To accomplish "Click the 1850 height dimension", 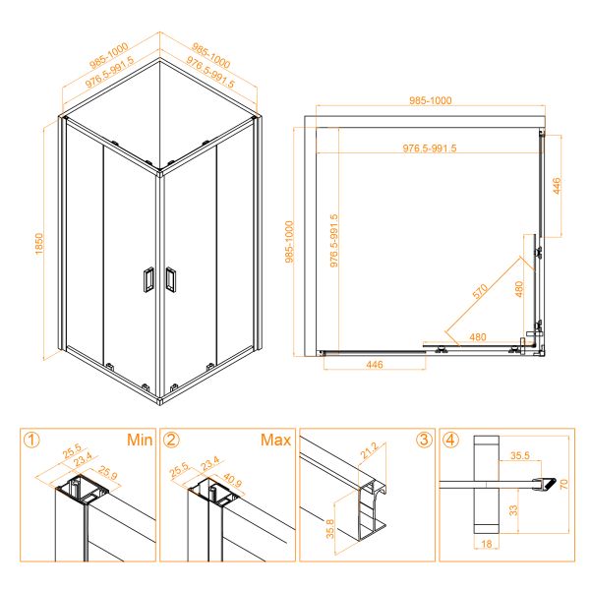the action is [x=39, y=244].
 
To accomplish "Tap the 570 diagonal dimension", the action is [x=480, y=291].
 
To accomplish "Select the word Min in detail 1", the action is [x=140, y=440].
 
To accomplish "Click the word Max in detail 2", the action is [x=275, y=440].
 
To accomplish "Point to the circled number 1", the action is [x=31, y=440].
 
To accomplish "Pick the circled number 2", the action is [x=171, y=440].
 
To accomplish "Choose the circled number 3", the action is [x=424, y=440].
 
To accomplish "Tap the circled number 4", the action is [x=451, y=440].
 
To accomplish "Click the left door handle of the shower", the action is [x=148, y=279].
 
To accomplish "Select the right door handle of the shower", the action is [x=171, y=279].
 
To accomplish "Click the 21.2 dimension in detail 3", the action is [x=369, y=450].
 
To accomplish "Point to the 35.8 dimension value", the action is [x=330, y=529].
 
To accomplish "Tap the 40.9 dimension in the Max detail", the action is [x=232, y=480].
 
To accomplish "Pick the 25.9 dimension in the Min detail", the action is [x=107, y=473].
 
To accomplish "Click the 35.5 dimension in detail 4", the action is [x=519, y=455].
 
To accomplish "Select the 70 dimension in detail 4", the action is [x=563, y=484].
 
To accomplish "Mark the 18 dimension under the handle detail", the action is [x=487, y=544].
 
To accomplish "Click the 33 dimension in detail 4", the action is [x=513, y=510].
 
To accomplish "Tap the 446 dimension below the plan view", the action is [x=375, y=364].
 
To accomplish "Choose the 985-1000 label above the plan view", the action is [x=430, y=100].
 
